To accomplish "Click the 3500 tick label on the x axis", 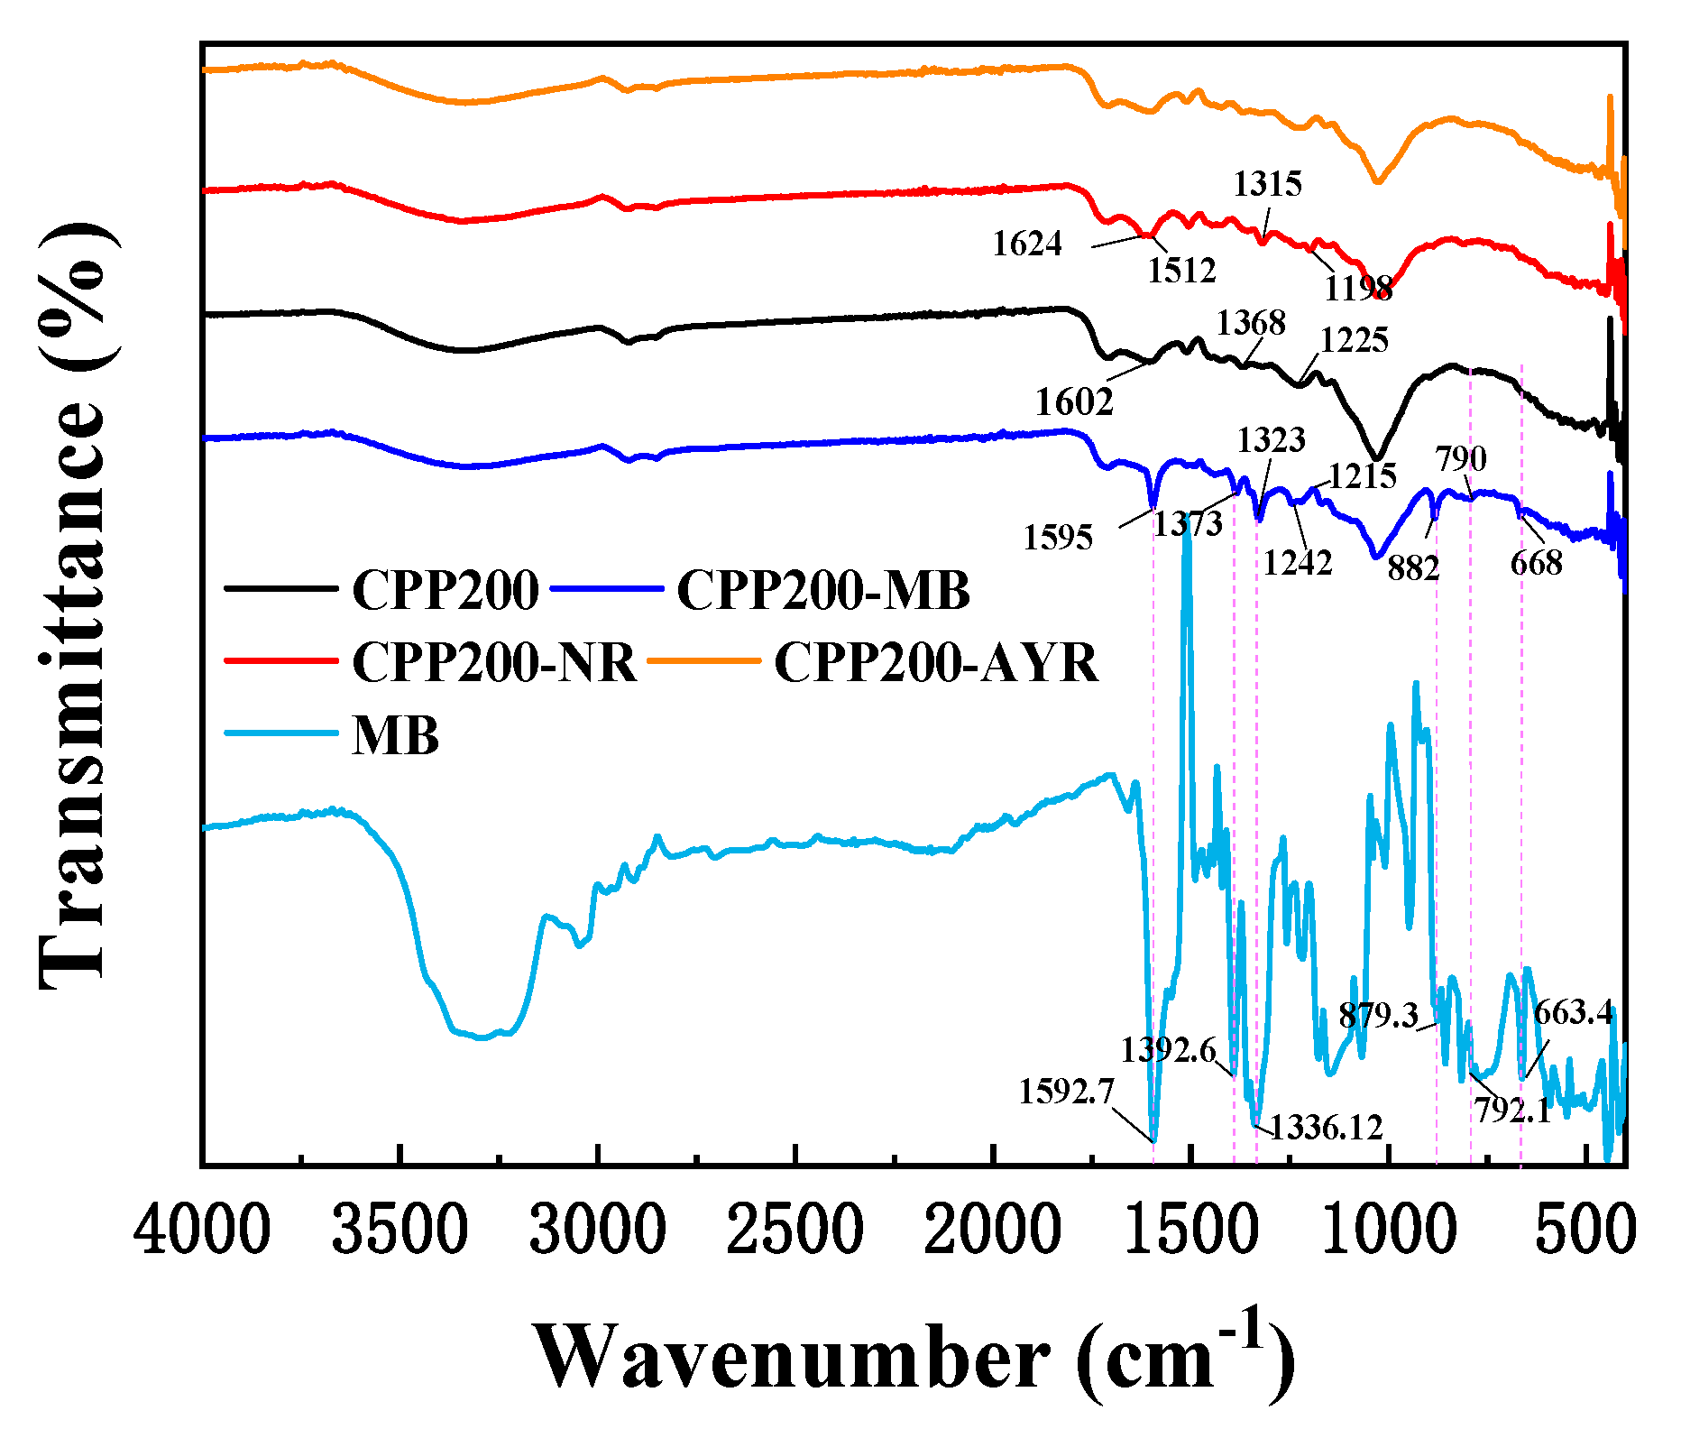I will pos(400,1231).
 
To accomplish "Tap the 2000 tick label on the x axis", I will pos(992,1231).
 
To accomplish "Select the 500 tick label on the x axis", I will pos(1584,1231).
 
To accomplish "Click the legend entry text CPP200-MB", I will pos(823,591).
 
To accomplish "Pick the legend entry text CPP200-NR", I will pos(494,663).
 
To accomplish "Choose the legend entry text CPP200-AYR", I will pos(936,663).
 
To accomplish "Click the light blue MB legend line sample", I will pos(280,733).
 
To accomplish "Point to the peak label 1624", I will pos(1027,244).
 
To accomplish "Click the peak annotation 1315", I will pos(1267,184).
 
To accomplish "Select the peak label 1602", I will pos(1073,402).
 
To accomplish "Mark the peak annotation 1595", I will pos(1057,538).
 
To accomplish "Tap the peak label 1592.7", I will pos(1066,1092).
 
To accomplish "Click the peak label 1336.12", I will pos(1326,1127).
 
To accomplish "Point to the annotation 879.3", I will pos(1378,1015).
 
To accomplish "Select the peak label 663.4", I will pos(1573,1012).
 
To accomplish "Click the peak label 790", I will pos(1461,459).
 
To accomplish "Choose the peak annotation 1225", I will pos(1354,340).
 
